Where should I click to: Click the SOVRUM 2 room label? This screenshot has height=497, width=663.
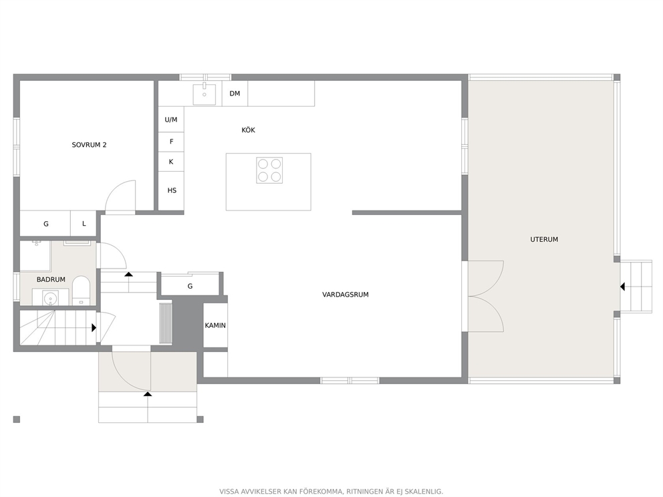pyautogui.click(x=89, y=145)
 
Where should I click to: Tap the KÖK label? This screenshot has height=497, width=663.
pyautogui.click(x=248, y=130)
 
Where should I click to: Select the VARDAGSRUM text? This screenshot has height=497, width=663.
pyautogui.click(x=346, y=295)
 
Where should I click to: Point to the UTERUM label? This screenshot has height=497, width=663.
pyautogui.click(x=544, y=239)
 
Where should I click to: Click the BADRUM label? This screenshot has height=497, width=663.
pyautogui.click(x=51, y=279)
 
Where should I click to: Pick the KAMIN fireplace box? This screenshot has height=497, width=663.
pyautogui.click(x=215, y=325)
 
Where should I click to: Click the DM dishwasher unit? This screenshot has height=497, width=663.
pyautogui.click(x=235, y=94)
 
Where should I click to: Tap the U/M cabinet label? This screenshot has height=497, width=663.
pyautogui.click(x=171, y=120)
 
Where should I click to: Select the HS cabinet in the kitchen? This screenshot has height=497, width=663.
pyautogui.click(x=171, y=190)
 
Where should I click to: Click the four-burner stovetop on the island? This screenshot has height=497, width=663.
pyautogui.click(x=269, y=170)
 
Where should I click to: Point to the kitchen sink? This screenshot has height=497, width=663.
pyautogui.click(x=205, y=94)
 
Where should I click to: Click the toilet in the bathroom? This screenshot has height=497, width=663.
pyautogui.click(x=81, y=291)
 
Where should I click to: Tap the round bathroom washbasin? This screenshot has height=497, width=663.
pyautogui.click(x=51, y=298)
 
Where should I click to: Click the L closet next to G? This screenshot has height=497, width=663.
pyautogui.click(x=84, y=224)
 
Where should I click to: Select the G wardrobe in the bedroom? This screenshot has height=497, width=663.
pyautogui.click(x=45, y=224)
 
